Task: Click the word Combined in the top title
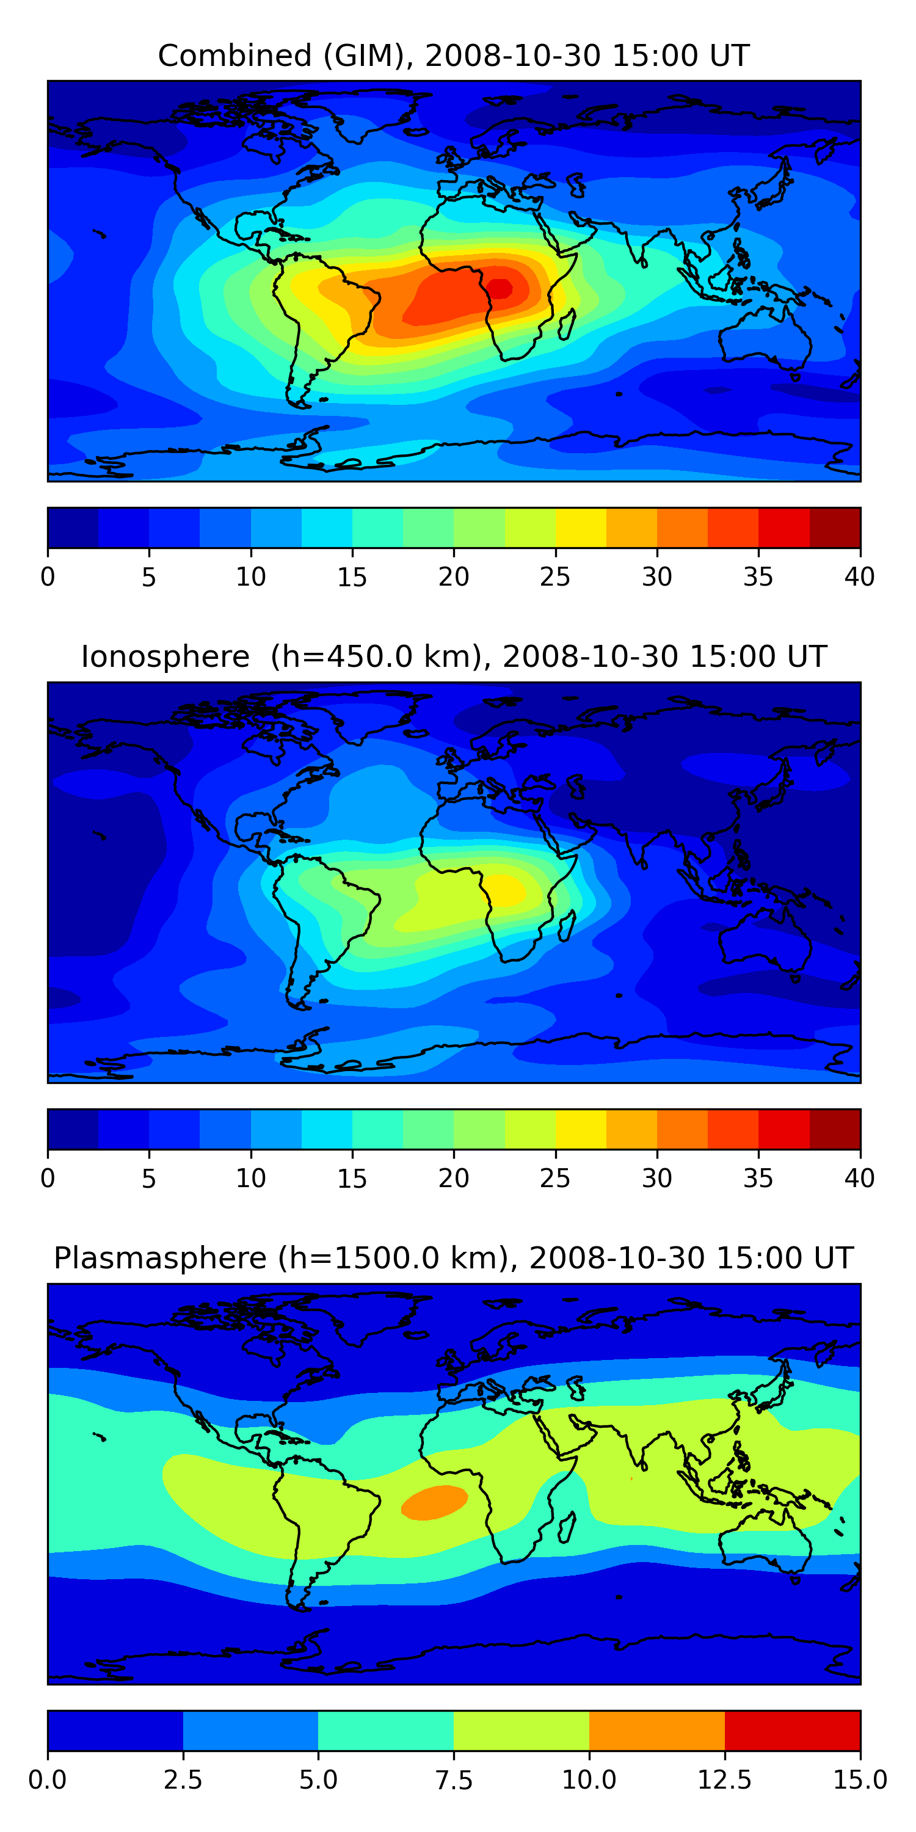pos(234,56)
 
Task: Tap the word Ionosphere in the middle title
pos(165,656)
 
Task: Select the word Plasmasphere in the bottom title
pos(160,1258)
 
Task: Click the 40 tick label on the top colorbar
pos(859,576)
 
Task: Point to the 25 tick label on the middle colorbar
pos(554,1179)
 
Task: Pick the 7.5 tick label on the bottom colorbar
pos(454,1780)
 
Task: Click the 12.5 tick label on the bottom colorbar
pos(724,1780)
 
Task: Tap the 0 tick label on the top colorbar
pos(48,576)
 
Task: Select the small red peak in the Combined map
pos(500,289)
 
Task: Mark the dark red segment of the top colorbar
pos(835,528)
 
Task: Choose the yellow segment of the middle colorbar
pos(580,1129)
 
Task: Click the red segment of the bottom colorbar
pos(792,1730)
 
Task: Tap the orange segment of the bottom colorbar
pos(656,1730)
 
